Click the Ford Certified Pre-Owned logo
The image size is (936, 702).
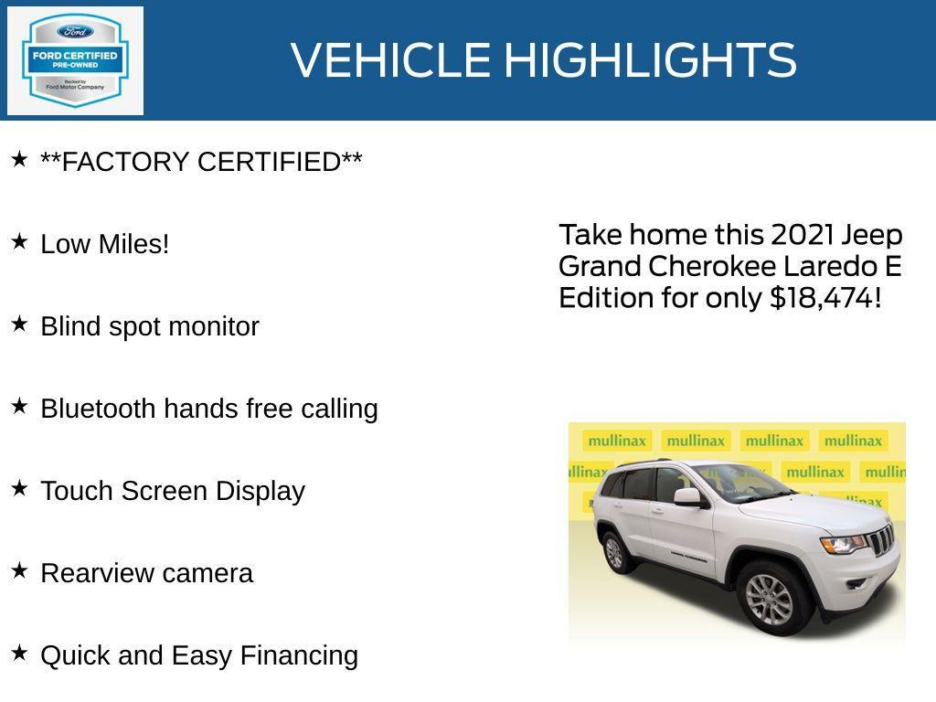coord(75,60)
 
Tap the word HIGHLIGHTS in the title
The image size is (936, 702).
coord(650,60)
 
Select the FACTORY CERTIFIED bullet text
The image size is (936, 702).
coord(201,162)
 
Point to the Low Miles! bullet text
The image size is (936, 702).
coord(105,244)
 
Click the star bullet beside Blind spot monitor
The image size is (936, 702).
coord(19,324)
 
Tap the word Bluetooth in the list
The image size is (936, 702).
coord(98,409)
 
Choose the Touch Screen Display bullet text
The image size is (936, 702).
coord(173,491)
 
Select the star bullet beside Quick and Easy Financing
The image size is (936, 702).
coord(19,654)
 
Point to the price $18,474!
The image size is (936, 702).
coord(825,298)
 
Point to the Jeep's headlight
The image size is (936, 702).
coord(842,544)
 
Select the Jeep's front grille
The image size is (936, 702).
coord(881,540)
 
